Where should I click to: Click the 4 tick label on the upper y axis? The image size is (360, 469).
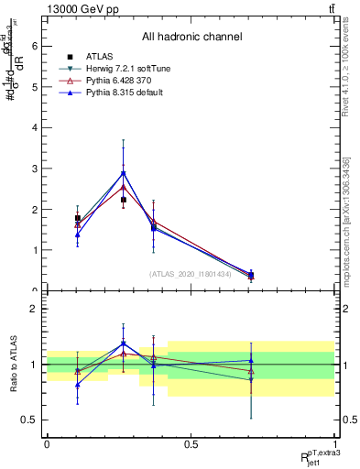click(x=32, y=128)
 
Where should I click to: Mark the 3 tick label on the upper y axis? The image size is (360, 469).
click(x=32, y=169)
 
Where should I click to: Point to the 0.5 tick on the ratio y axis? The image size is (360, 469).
click(x=28, y=420)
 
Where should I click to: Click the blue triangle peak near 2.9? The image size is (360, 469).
click(x=124, y=172)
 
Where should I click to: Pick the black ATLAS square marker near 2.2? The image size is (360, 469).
click(x=124, y=200)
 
